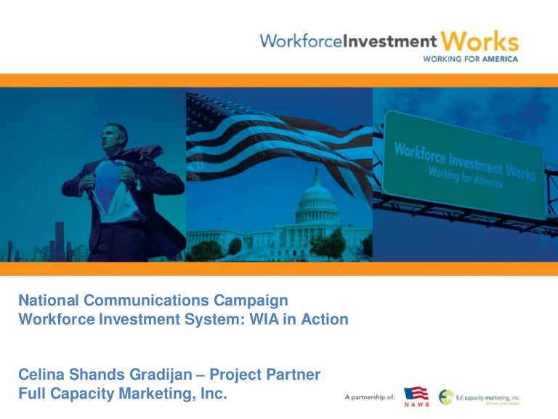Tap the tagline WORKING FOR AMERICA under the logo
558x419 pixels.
click(470, 59)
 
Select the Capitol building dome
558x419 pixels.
click(315, 193)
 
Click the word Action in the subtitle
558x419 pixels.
click(328, 319)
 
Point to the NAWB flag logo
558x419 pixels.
click(416, 396)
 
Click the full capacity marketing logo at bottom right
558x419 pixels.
click(480, 397)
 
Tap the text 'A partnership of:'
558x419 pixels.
click(370, 397)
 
